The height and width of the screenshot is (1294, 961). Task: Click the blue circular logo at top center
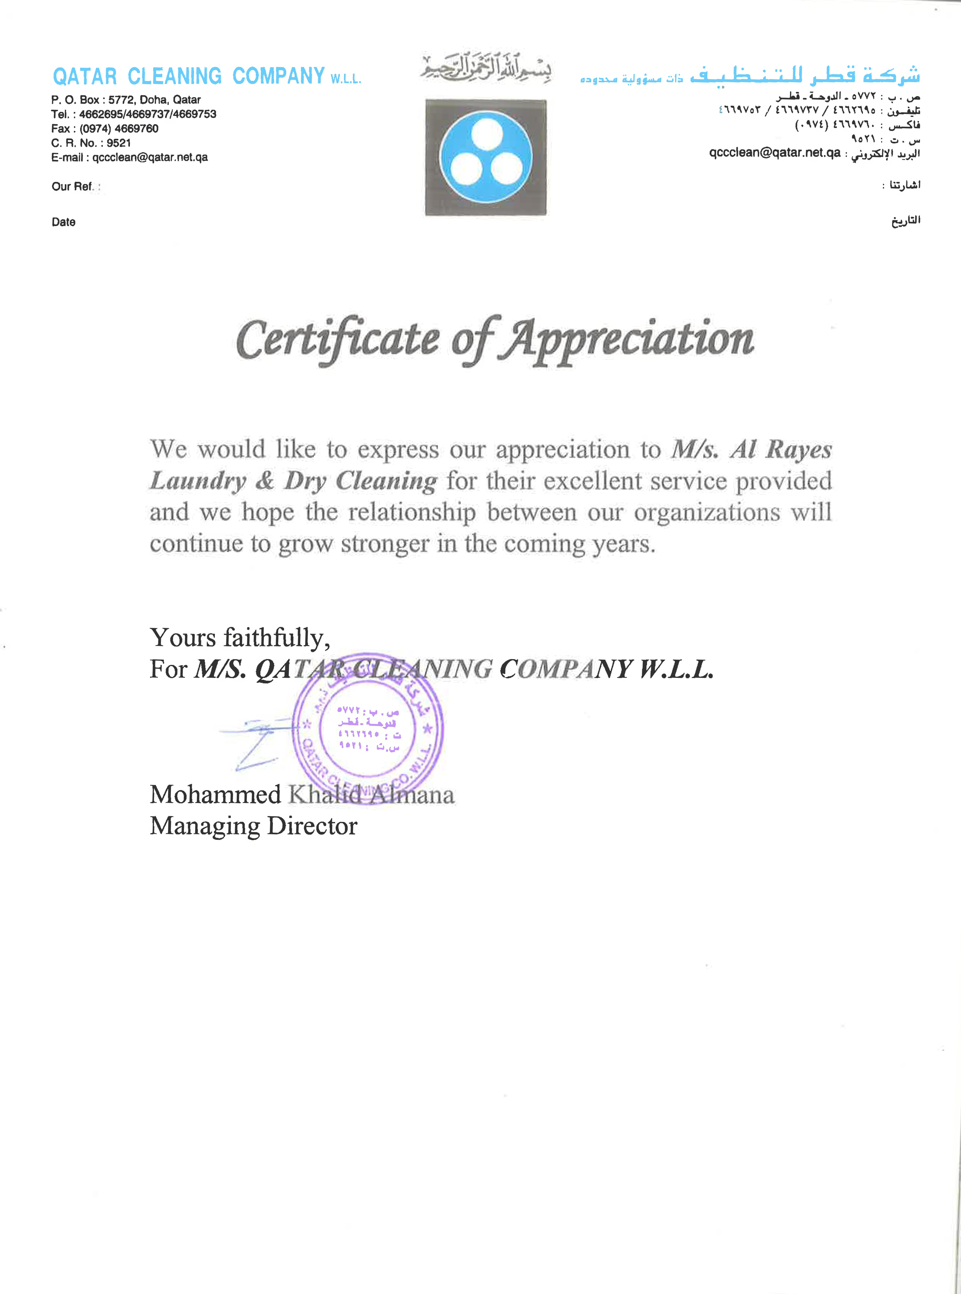point(485,157)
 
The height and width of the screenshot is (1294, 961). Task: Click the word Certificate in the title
point(338,339)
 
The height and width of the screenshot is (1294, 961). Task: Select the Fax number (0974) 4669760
point(119,129)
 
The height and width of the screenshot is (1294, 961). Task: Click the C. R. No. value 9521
point(119,143)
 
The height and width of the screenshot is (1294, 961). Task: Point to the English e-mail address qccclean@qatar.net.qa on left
point(150,157)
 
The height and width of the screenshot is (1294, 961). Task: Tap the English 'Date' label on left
point(63,222)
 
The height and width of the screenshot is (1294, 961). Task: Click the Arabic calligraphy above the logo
point(485,67)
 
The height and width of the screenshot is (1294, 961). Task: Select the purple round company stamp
point(367,728)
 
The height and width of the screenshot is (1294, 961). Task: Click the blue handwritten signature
point(256,742)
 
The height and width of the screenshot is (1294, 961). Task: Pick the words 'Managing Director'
point(253,826)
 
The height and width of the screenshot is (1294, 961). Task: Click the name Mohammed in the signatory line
point(215,794)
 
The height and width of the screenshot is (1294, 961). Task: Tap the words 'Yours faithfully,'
point(240,638)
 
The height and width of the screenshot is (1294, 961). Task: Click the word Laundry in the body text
point(198,481)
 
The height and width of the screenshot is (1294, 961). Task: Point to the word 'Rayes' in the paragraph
point(799,450)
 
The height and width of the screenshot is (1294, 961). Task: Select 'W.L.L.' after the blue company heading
point(346,79)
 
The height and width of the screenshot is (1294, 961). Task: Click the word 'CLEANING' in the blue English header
point(174,76)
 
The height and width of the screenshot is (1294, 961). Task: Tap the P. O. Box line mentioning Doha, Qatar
point(126,100)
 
